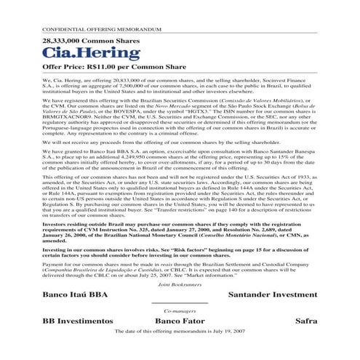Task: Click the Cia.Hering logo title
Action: point(81,52)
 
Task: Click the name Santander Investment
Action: point(272,295)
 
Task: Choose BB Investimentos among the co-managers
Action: point(78,320)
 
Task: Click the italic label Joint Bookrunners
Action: point(179,285)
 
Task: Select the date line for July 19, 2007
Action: point(179,331)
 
